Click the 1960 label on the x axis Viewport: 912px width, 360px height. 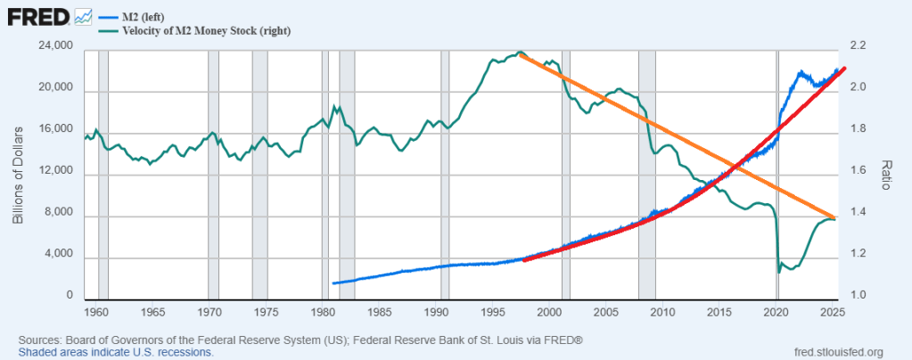pos(95,313)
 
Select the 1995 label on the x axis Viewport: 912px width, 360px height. pos(493,313)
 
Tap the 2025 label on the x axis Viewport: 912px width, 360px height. pos(834,313)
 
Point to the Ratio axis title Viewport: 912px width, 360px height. pos(887,175)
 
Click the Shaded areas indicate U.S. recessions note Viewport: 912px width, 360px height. pos(115,352)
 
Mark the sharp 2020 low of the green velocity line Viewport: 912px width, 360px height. pos(779,272)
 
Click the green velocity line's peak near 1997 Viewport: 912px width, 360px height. pos(521,53)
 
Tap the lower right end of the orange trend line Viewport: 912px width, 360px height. pos(835,217)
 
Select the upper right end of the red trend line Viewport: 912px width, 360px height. pos(843,69)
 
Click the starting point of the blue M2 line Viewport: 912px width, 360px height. pos(333,283)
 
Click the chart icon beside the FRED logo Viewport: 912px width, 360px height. pos(84,16)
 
